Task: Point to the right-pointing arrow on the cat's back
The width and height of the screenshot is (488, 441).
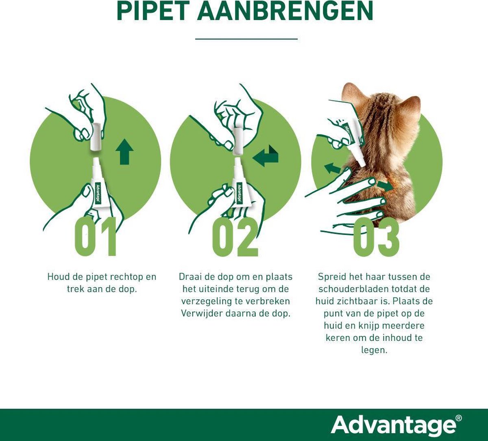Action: (x=385, y=186)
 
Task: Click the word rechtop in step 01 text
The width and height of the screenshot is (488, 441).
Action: (x=126, y=277)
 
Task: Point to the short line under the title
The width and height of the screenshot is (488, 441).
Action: (x=246, y=39)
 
